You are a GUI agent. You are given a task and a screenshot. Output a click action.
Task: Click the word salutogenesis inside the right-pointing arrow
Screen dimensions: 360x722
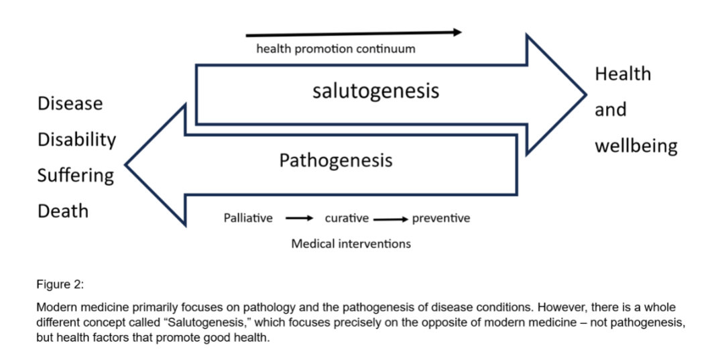(375, 91)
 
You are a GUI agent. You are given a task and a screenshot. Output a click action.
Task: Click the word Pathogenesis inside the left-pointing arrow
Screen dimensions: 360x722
(335, 161)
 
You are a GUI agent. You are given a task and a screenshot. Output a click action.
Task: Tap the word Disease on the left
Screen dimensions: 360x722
(70, 104)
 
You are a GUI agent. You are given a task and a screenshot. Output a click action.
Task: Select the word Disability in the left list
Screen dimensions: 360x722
(76, 139)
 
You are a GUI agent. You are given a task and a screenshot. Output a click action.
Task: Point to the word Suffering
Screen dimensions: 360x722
(75, 176)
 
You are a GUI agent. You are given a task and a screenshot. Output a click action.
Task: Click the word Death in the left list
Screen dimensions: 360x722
(63, 211)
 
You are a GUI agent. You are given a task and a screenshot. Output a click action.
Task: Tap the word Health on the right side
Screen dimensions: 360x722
(623, 74)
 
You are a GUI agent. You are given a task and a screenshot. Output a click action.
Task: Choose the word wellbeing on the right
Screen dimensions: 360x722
(636, 145)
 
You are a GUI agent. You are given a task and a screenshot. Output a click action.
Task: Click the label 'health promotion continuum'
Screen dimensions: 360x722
(335, 49)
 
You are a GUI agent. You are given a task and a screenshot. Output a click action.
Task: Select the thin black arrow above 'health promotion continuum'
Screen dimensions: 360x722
(353, 33)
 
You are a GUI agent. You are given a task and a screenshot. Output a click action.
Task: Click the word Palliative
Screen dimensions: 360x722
(248, 218)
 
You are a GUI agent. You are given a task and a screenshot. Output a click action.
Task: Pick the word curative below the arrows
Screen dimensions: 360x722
(347, 218)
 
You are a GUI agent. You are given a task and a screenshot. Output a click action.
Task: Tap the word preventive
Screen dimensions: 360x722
(441, 218)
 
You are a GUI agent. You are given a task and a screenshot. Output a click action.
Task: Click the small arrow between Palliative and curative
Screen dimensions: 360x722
(299, 219)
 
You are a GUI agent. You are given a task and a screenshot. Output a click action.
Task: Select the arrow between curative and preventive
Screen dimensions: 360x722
(391, 219)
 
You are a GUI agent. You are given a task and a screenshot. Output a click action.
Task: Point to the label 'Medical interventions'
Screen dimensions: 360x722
(351, 243)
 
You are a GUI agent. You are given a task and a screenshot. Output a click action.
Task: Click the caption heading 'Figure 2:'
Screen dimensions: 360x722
(60, 284)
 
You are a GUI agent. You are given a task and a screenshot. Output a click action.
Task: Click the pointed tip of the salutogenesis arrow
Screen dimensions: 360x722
(585, 95)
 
